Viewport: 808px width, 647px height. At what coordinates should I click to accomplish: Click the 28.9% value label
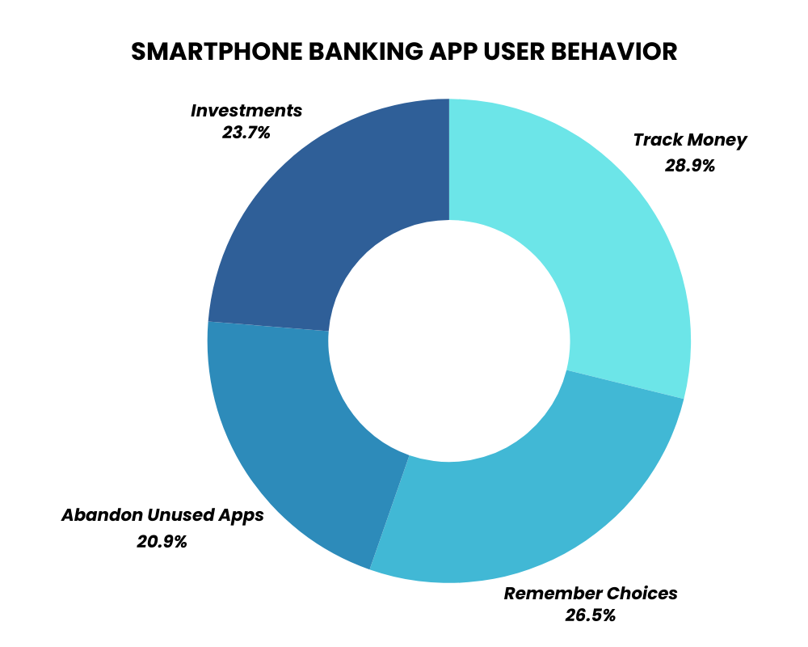pyautogui.click(x=689, y=166)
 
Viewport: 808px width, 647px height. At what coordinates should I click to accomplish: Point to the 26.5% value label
pyautogui.click(x=590, y=615)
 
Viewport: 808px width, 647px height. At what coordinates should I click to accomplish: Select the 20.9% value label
pyautogui.click(x=162, y=542)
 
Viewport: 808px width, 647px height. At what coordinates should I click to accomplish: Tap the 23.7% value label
pyautogui.click(x=246, y=133)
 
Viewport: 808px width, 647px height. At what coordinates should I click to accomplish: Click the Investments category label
pyautogui.click(x=246, y=111)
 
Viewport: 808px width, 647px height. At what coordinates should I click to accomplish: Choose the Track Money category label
pyautogui.click(x=689, y=140)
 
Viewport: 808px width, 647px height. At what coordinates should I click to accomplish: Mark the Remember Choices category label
pyautogui.click(x=591, y=594)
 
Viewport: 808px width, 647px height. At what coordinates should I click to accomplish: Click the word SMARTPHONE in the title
pyautogui.click(x=217, y=52)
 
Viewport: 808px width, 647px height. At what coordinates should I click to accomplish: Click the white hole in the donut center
pyautogui.click(x=449, y=341)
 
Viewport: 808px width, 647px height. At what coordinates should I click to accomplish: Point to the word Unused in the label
pyautogui.click(x=180, y=515)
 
